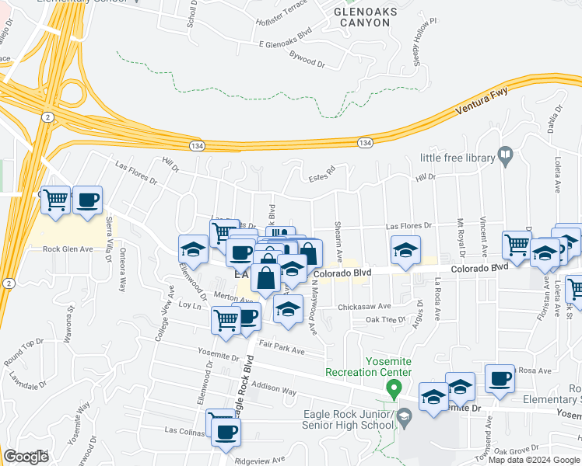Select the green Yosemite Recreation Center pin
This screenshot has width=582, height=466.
[x=394, y=388]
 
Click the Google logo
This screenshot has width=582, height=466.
[x=26, y=457]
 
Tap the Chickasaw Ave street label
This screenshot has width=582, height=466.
[x=363, y=307]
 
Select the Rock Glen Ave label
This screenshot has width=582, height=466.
[x=68, y=249]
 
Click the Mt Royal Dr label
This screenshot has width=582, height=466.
[x=461, y=238]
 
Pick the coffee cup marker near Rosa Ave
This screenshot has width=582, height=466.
[x=499, y=377]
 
